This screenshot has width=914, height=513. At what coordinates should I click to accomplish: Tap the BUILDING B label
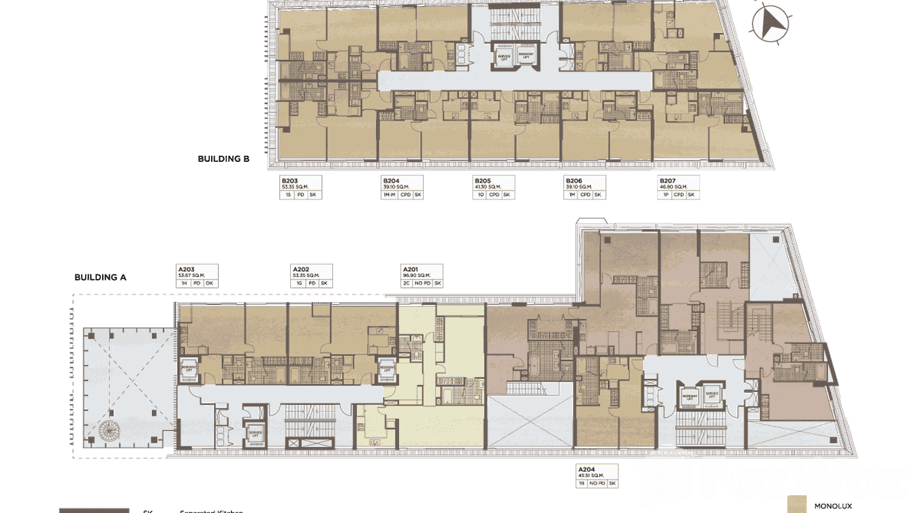coord(223,159)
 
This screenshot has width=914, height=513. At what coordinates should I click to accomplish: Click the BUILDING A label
coord(100,278)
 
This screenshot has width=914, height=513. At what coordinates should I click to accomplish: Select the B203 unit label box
coord(300,188)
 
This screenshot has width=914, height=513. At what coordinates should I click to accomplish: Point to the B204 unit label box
coord(402,188)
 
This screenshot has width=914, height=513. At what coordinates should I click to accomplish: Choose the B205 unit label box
coord(493,188)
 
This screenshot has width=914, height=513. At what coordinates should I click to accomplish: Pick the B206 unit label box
coord(585,188)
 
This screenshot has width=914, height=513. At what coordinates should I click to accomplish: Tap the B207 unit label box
coord(678,188)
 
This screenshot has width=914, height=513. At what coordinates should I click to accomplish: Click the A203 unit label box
coord(198,276)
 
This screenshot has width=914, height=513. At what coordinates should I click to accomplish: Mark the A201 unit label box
coord(422,276)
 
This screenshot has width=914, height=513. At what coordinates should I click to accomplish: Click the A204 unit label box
coord(597,476)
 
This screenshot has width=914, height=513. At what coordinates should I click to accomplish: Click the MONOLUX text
coord(828,506)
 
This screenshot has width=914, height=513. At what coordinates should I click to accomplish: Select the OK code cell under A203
coord(209,283)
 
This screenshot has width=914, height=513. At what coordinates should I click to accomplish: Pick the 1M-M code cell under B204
coord(390,195)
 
